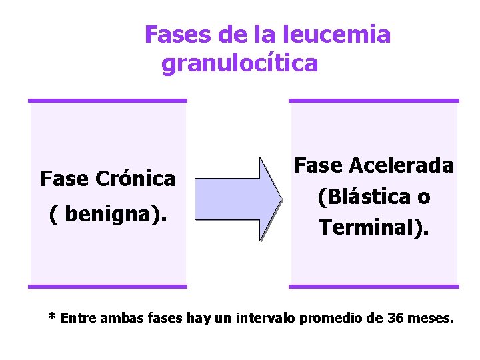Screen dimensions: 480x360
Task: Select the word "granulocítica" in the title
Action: point(240,64)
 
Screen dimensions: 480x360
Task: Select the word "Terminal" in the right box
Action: point(369,227)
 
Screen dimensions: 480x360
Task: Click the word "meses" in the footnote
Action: point(429,318)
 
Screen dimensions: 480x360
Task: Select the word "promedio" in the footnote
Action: point(328,318)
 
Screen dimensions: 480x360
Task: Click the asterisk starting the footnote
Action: point(52,317)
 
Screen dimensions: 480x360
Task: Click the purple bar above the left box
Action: point(107,101)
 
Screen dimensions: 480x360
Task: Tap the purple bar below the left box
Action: point(107,287)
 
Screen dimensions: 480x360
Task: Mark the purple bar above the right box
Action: point(374,101)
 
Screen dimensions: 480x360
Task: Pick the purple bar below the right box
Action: point(374,287)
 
